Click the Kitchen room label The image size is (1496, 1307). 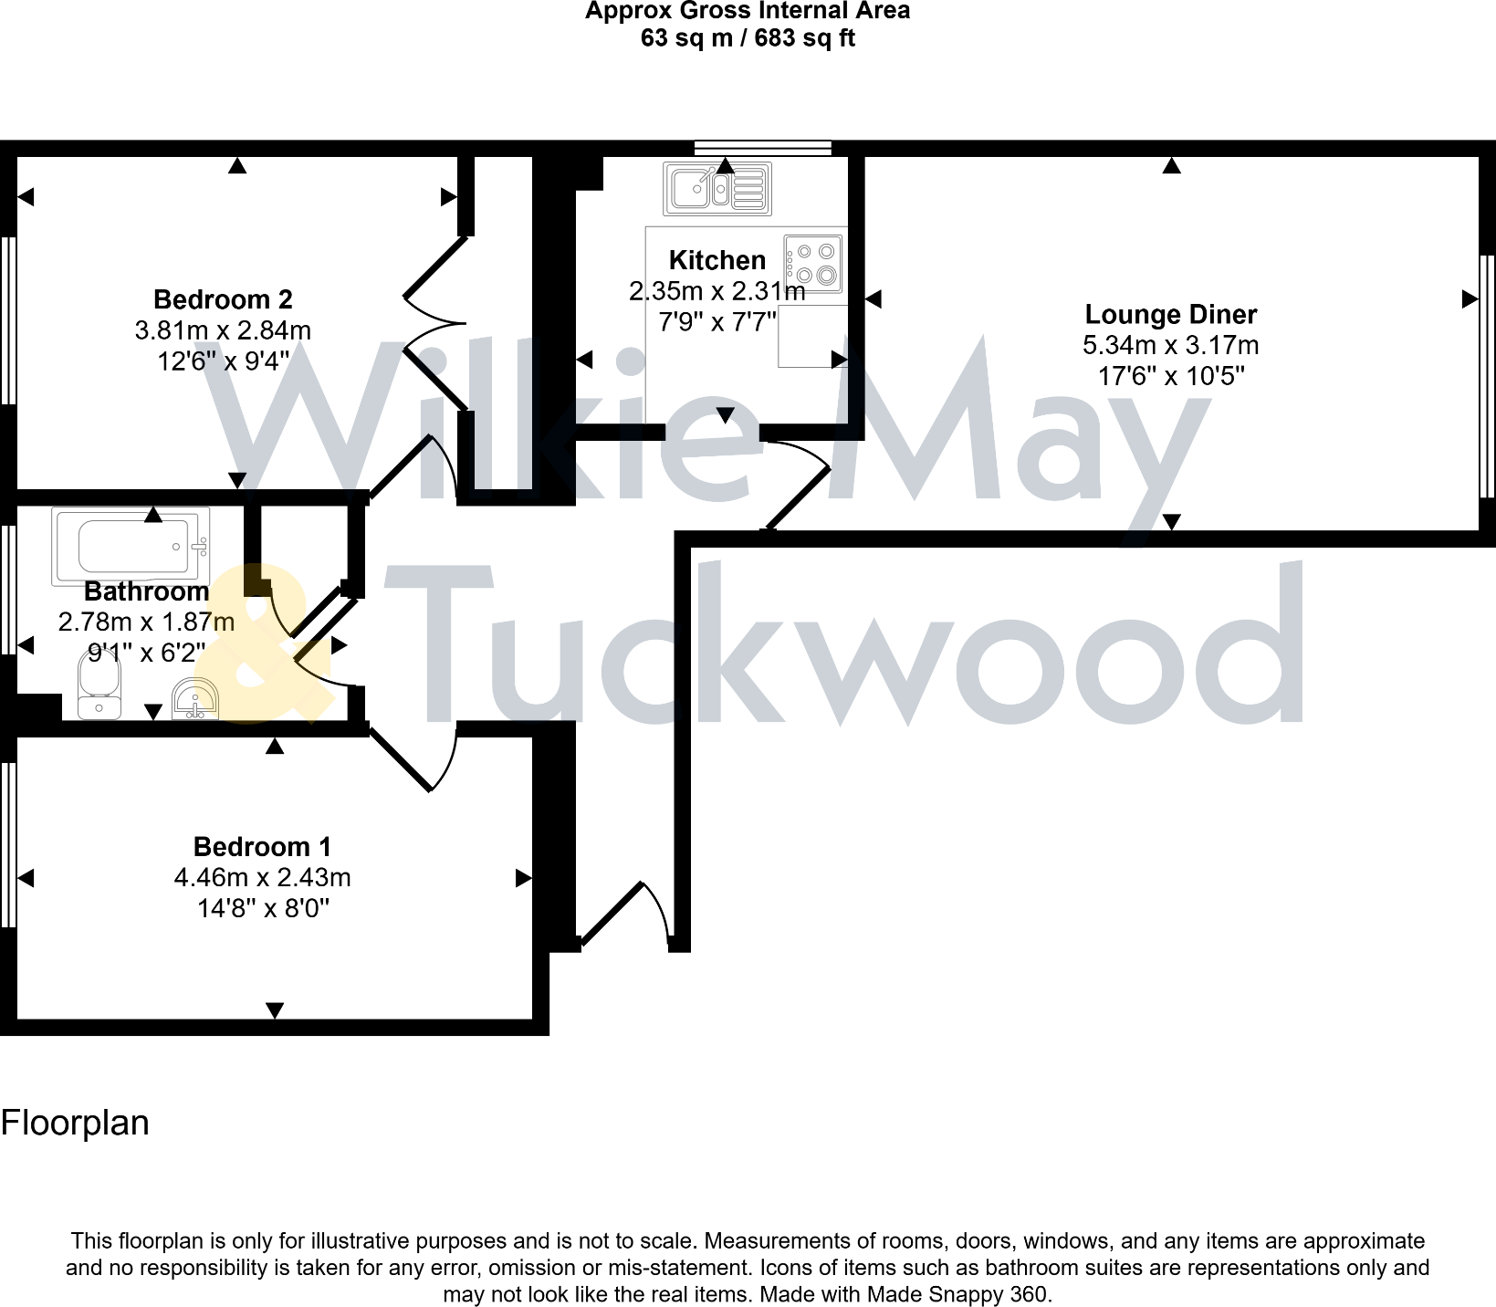[717, 260]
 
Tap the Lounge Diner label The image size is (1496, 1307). [1170, 314]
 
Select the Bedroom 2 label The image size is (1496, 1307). [223, 299]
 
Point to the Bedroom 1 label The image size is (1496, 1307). [262, 847]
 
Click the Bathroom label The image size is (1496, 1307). [146, 591]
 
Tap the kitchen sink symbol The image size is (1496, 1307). [717, 189]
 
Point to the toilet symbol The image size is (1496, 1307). [99, 689]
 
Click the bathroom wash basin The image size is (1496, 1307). [196, 699]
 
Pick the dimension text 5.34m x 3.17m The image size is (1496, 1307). [1170, 345]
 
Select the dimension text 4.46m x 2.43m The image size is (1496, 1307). [262, 877]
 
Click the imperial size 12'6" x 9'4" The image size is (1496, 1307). [223, 361]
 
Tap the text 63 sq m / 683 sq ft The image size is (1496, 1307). [748, 38]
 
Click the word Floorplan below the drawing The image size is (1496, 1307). [75, 1123]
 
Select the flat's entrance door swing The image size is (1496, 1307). [630, 913]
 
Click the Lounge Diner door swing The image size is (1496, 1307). [799, 484]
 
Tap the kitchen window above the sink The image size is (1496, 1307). [762, 147]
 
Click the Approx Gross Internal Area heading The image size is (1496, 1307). [748, 11]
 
